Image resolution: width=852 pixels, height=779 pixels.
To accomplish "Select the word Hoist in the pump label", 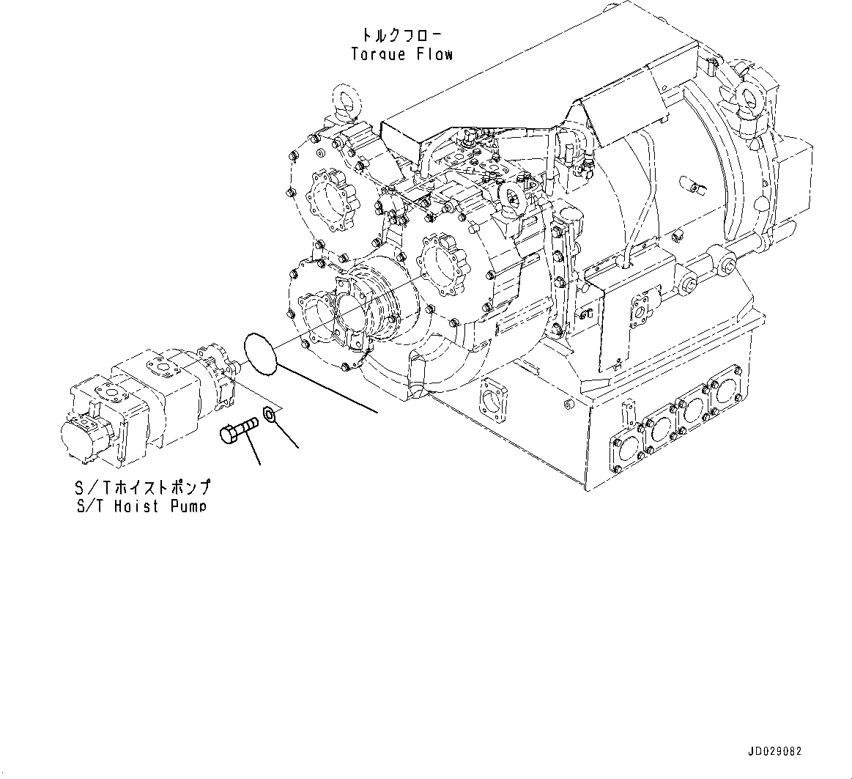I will point(137,506).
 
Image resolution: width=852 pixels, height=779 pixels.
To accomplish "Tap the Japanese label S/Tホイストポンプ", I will point(143,487).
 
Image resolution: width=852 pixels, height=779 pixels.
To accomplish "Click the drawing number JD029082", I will point(775,752).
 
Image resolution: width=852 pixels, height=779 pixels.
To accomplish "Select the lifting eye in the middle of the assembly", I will point(510,195).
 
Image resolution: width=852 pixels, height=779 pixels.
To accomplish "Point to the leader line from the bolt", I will point(251,448).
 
